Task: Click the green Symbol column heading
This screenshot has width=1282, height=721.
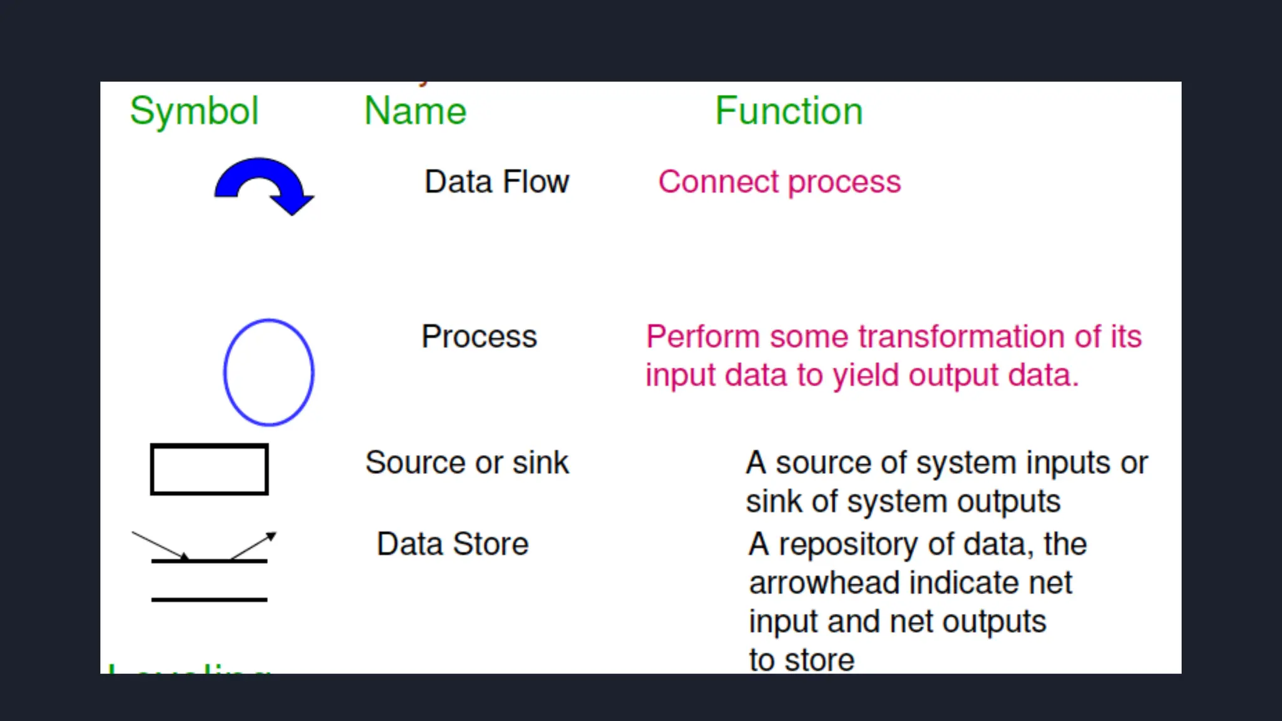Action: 194,111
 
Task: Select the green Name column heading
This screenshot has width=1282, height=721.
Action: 415,111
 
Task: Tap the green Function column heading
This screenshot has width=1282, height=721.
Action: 789,111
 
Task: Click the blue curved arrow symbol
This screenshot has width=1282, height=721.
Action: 260,178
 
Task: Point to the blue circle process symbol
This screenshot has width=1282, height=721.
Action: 269,372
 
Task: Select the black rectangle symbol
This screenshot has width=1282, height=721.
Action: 209,469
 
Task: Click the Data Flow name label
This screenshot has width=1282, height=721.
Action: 496,182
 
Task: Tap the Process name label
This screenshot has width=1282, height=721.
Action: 479,337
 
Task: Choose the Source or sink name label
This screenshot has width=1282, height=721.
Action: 467,463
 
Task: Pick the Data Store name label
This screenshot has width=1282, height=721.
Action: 453,544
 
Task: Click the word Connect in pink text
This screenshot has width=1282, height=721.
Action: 719,182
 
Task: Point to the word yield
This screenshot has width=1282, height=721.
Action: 866,376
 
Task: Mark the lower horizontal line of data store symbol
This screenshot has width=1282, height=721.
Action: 209,600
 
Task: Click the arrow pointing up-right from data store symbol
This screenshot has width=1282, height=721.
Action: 253,545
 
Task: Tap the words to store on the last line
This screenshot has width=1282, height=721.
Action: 801,660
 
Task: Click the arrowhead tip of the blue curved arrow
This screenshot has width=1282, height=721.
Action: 292,212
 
